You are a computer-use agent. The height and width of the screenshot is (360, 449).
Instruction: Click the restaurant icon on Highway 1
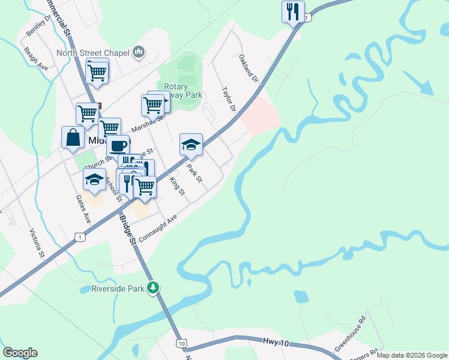(293, 11)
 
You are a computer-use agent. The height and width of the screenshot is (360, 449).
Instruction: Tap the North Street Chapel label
(93, 53)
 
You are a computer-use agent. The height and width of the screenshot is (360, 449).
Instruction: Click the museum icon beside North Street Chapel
(139, 53)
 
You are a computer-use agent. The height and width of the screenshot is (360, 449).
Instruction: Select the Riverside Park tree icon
(154, 289)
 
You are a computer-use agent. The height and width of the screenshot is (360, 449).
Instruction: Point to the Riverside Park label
(118, 289)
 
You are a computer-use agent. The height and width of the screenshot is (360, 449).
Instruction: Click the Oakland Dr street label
(248, 68)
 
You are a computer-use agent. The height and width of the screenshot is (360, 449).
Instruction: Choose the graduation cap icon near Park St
(191, 145)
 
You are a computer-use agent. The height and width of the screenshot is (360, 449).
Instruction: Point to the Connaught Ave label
(158, 229)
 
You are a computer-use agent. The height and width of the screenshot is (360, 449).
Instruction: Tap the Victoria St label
(37, 243)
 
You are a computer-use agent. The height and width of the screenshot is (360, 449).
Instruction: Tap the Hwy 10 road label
(277, 343)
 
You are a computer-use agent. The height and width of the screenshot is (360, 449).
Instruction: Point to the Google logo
(20, 353)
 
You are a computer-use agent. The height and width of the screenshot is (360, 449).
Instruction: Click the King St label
(176, 186)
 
